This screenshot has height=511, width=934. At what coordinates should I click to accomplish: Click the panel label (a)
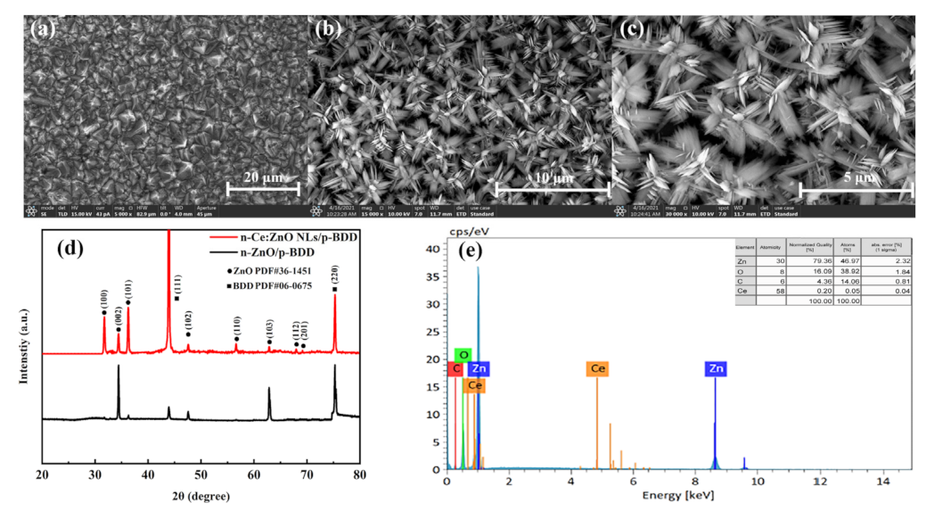(x=43, y=29)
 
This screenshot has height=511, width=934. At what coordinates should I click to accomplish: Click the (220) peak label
(x=335, y=275)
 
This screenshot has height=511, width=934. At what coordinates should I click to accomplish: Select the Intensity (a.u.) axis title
(x=26, y=351)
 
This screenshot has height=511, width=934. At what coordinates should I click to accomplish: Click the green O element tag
(x=462, y=355)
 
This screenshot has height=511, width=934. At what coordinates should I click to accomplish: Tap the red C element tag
(x=456, y=369)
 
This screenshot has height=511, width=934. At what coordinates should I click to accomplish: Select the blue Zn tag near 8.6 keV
(x=715, y=368)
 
